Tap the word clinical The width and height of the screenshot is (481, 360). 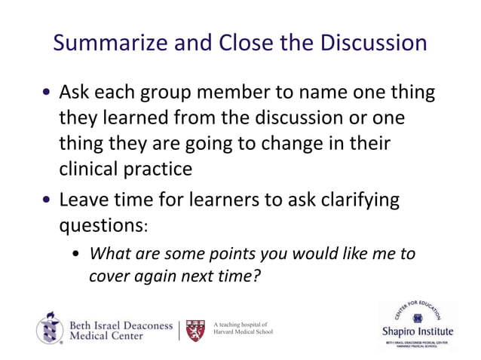pos(90,169)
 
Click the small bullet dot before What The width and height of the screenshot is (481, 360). pos(78,255)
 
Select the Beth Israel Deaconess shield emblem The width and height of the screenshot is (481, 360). pos(50,328)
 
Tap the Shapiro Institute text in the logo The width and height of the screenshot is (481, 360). pos(418,331)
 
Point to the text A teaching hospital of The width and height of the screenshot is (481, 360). pos(239,325)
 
